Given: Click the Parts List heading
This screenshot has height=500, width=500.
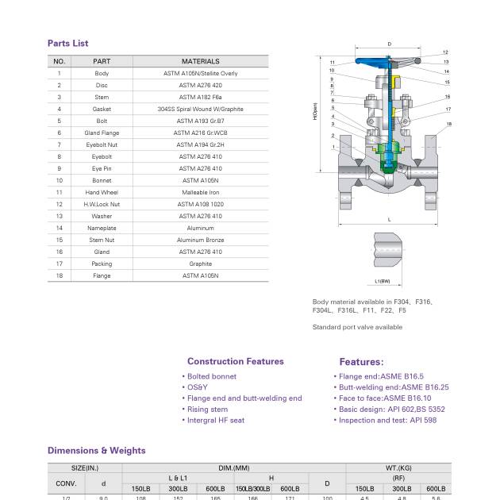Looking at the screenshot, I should coord(67,44).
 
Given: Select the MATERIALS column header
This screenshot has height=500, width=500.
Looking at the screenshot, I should coord(200,61).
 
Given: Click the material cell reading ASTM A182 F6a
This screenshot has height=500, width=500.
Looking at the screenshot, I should coord(200,97).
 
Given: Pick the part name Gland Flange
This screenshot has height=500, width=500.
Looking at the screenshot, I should coord(102,133).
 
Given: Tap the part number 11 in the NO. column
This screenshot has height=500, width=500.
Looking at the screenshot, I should coord(59,192).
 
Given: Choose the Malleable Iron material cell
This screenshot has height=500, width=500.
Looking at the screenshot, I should coord(200,192).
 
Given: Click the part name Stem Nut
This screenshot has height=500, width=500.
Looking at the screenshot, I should coord(102,240).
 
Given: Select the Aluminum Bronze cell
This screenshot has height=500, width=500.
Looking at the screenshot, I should coord(200,240).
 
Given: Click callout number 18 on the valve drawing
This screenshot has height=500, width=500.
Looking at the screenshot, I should coord(448,124).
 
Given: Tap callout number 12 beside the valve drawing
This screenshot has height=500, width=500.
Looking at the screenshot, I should coord(445,52).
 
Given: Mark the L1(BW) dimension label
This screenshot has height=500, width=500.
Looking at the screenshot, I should coord(383,281).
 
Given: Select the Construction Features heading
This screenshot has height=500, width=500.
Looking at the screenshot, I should coord(235,361).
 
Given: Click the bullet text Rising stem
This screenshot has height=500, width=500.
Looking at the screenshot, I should coord(207,410).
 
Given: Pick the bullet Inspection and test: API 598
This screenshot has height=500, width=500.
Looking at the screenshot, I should coord(387,420).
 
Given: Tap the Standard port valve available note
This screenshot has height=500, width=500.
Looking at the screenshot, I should coord(357,327).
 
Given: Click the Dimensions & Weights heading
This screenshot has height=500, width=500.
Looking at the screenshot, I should coord(96,450).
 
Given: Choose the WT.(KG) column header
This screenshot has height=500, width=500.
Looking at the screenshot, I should coord(398,468).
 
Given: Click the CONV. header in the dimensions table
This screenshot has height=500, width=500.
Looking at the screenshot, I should coord(66,483).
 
